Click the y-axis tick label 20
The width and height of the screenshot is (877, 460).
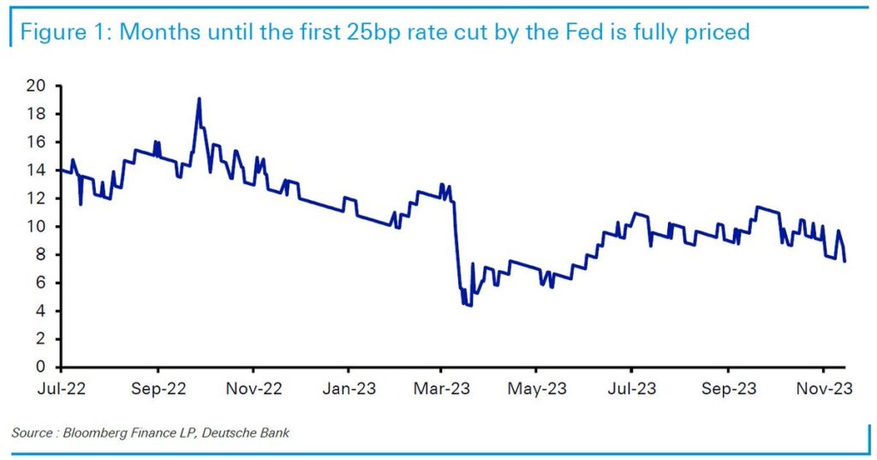[38, 87]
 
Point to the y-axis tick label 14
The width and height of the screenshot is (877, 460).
[38, 170]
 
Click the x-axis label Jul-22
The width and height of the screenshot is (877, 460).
[62, 389]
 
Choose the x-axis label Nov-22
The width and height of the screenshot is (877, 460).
[254, 389]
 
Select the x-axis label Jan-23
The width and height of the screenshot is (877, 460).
[349, 389]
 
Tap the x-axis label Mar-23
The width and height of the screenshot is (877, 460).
[441, 389]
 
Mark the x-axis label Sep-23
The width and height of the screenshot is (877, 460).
[728, 389]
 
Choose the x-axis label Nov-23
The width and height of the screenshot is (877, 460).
[823, 389]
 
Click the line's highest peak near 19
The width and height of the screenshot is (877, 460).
[200, 98]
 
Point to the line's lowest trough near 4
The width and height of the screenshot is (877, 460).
[469, 306]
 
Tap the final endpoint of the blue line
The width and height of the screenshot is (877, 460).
[845, 261]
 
